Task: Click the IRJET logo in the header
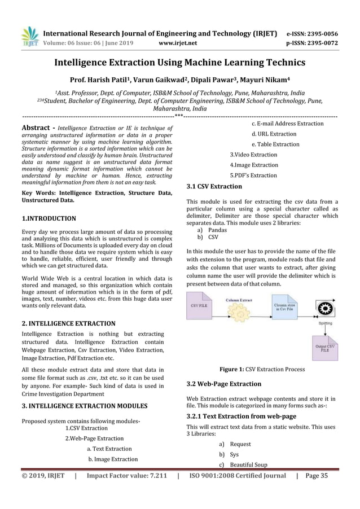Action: click(x=29, y=36)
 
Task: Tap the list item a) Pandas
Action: click(x=217, y=230)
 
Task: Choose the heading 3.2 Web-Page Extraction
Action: click(x=223, y=384)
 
